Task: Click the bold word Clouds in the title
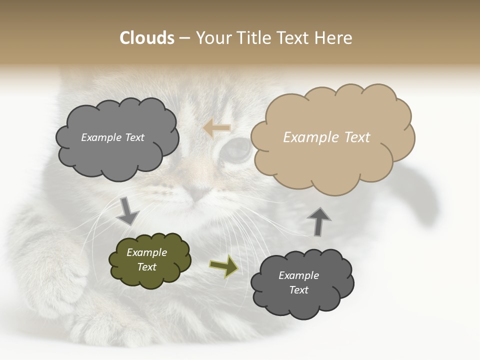click(147, 38)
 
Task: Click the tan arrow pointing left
click(217, 128)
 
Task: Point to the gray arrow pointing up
click(318, 221)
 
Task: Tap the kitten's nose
click(199, 193)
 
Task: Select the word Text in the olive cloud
click(147, 267)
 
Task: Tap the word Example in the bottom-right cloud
click(298, 275)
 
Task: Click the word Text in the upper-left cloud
click(134, 137)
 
